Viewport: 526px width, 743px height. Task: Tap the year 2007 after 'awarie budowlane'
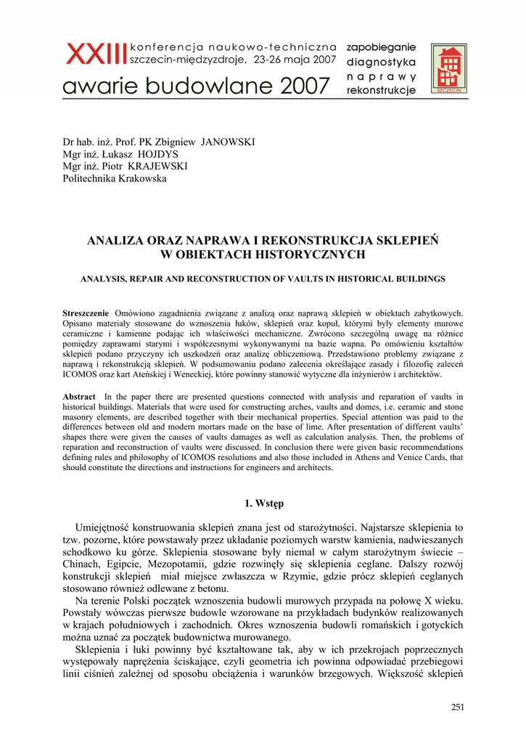[297, 88]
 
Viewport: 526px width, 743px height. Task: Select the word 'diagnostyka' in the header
[382, 62]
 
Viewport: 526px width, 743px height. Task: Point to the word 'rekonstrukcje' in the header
[382, 91]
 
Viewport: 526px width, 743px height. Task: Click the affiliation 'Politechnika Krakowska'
[115, 178]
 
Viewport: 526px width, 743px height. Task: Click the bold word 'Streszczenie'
[86, 313]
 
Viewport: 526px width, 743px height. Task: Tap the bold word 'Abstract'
[79, 397]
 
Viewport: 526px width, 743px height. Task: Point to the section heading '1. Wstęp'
[263, 504]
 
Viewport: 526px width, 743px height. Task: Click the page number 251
[457, 707]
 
